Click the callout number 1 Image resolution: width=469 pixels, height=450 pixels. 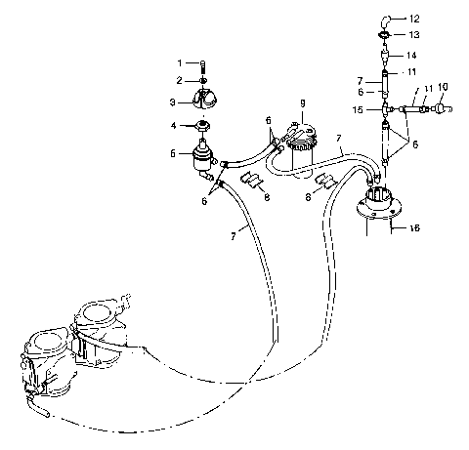point(180,63)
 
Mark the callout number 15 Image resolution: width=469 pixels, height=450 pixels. point(361,110)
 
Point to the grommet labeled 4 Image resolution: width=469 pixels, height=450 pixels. point(204,126)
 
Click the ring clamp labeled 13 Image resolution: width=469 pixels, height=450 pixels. point(385,36)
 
